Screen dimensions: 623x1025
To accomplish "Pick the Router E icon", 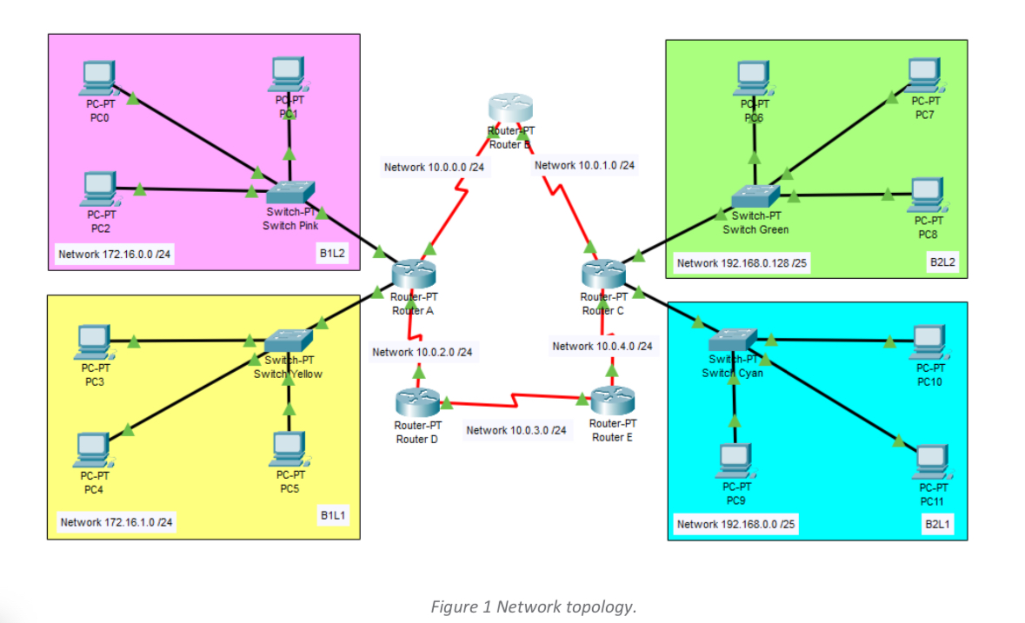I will (x=612, y=401).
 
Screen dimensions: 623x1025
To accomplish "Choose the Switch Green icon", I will (x=755, y=196).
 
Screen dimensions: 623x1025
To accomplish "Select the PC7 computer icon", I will (x=924, y=74).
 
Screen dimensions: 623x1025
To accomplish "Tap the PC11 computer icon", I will (x=930, y=461).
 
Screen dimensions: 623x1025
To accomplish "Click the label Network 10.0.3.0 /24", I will (x=516, y=430).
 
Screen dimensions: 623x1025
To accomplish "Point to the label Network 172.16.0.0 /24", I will (x=115, y=255).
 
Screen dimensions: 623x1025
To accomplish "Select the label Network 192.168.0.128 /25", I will (x=742, y=262).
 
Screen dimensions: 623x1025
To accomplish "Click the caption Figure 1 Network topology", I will (x=534, y=606).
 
